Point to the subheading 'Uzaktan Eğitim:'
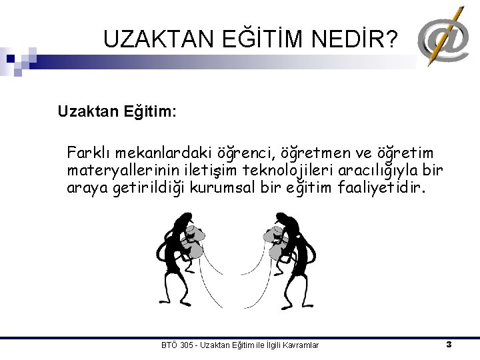tap(117, 110)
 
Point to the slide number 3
tap(449, 344)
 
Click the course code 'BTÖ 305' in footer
tap(178, 345)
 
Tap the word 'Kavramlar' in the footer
tap(301, 345)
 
